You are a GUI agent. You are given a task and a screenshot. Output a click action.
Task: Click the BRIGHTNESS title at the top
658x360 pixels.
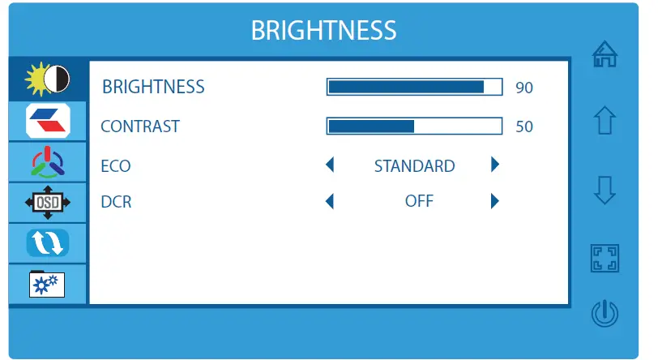point(323,30)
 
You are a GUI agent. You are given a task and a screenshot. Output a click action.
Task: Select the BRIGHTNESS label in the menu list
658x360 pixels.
point(153,87)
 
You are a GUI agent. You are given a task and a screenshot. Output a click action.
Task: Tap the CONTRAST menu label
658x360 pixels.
point(140,126)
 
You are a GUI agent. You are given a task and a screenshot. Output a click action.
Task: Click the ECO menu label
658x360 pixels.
point(116,166)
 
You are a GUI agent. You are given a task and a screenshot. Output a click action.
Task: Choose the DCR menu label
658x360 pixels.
point(116,202)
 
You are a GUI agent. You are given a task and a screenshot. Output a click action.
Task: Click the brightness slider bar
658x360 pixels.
point(414,87)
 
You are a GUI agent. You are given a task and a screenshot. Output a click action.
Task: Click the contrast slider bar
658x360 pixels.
point(414,126)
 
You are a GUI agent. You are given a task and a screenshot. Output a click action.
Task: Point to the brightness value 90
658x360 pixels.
point(524,88)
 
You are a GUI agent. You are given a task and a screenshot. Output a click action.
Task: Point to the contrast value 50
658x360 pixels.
point(524,126)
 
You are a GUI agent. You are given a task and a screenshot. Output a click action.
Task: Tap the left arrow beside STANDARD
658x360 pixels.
point(330,165)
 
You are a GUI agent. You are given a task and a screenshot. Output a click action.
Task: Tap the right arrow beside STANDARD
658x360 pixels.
point(495,165)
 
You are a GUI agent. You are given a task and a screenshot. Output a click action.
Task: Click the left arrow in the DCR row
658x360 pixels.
point(330,201)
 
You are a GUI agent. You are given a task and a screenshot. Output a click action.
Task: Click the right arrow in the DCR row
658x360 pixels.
point(495,201)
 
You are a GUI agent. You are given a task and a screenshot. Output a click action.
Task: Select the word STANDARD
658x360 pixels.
point(415,166)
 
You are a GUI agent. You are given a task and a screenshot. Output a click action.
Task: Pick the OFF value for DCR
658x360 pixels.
point(419,201)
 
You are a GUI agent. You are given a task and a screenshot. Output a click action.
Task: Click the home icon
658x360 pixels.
point(605,54)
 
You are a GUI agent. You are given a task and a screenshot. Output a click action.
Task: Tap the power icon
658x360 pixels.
point(605,313)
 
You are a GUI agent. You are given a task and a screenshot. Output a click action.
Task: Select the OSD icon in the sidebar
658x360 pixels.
point(48,203)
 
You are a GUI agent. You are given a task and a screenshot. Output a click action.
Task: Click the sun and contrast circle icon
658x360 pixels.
point(47,79)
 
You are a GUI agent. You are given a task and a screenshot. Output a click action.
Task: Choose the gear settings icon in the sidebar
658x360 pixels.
point(47,284)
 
